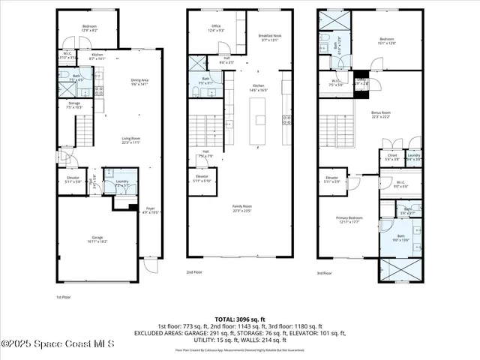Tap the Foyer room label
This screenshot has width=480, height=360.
[x=150, y=210]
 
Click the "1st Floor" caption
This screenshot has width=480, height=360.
[x=64, y=297]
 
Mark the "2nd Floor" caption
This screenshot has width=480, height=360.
[x=194, y=272]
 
